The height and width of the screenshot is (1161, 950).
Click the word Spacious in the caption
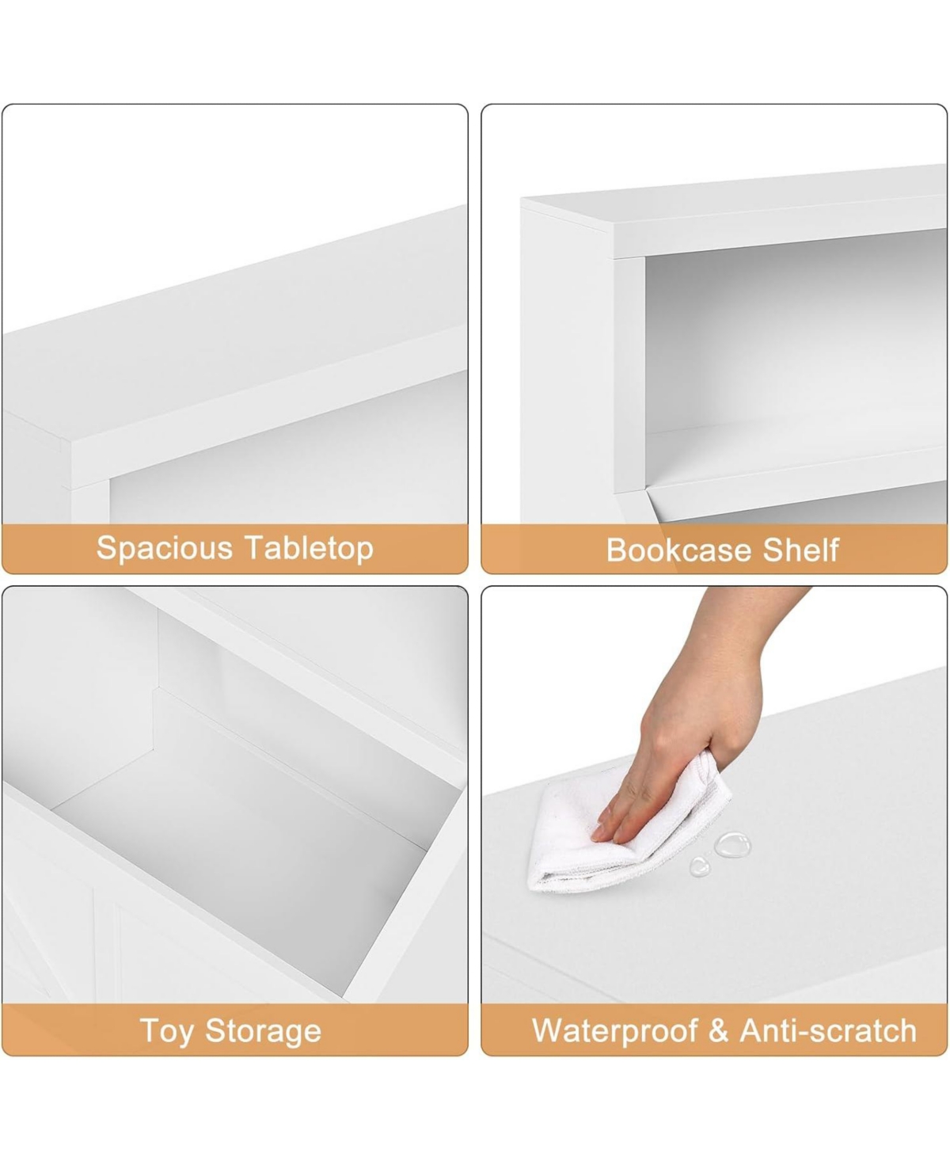(164, 549)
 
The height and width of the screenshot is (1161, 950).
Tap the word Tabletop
(310, 549)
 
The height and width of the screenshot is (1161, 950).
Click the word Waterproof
(615, 1032)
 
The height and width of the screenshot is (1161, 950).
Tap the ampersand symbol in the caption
(719, 1030)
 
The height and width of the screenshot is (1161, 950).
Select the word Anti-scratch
(828, 1030)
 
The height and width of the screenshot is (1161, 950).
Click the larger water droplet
(732, 844)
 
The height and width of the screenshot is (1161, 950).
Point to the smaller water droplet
(700, 867)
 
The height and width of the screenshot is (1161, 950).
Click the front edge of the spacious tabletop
(264, 407)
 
